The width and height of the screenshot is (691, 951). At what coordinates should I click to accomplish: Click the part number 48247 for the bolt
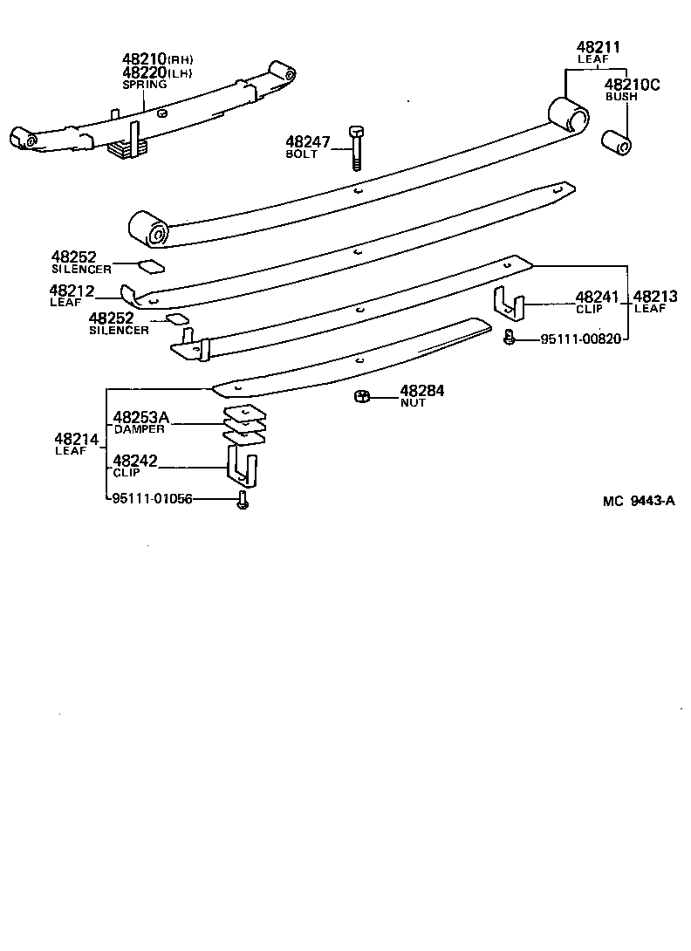point(304,142)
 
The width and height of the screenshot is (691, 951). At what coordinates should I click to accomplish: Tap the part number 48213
point(655,297)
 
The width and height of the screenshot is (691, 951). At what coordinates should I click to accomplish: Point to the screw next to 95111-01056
point(243,500)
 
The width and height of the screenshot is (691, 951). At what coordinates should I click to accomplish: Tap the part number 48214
point(77,439)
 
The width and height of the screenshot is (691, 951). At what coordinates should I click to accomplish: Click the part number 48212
point(72,291)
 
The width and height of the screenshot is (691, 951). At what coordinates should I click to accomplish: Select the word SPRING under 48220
point(145,85)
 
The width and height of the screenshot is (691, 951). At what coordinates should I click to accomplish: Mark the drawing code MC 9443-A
point(639,501)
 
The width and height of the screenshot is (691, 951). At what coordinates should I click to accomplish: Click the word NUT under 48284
point(414,403)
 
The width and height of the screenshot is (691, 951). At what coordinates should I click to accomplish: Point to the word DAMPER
point(139,429)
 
